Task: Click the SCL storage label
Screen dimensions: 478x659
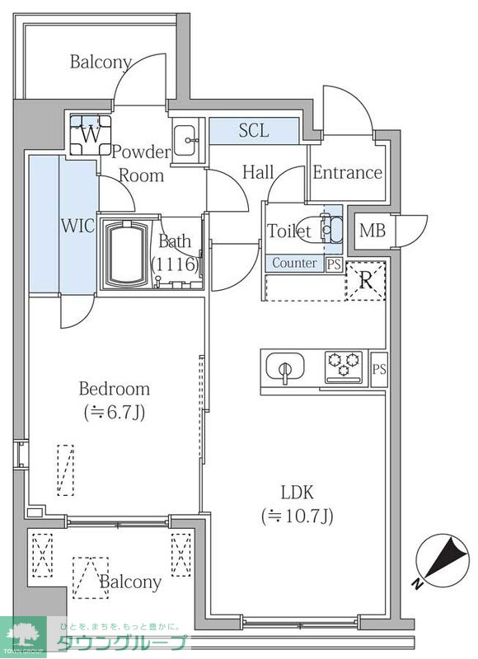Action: (254, 131)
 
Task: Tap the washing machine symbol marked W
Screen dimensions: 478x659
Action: (91, 135)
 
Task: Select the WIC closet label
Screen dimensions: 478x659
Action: (77, 226)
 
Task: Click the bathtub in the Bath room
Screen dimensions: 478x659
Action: (127, 254)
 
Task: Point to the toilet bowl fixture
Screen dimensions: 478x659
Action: (322, 230)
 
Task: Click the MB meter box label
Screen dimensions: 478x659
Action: (373, 231)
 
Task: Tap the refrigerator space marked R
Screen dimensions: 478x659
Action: (365, 281)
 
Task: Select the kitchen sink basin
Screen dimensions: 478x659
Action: (285, 367)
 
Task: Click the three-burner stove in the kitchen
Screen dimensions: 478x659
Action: (344, 367)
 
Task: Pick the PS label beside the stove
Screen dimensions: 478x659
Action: (379, 369)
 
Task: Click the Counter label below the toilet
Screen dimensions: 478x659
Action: (294, 263)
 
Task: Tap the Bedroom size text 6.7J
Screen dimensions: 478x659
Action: (115, 414)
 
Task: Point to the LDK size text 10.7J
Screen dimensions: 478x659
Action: (298, 516)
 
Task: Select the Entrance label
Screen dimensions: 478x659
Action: (347, 173)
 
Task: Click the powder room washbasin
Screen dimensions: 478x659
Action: (185, 140)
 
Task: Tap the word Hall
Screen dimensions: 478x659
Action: (258, 172)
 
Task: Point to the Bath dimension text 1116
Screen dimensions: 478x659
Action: (175, 264)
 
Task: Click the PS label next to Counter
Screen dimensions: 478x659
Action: (335, 264)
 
